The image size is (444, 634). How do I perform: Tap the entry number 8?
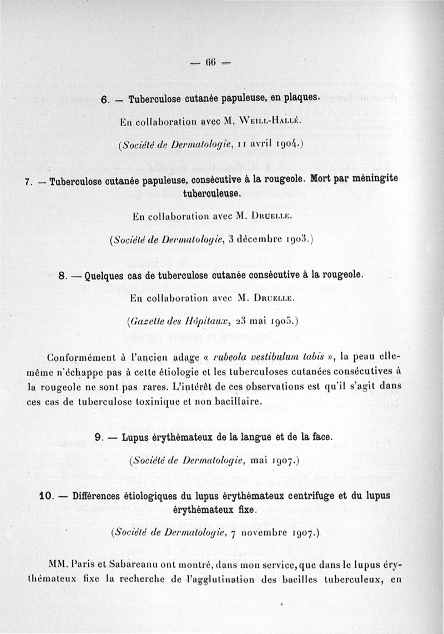[62, 274]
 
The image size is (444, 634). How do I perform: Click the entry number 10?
[44, 496]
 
